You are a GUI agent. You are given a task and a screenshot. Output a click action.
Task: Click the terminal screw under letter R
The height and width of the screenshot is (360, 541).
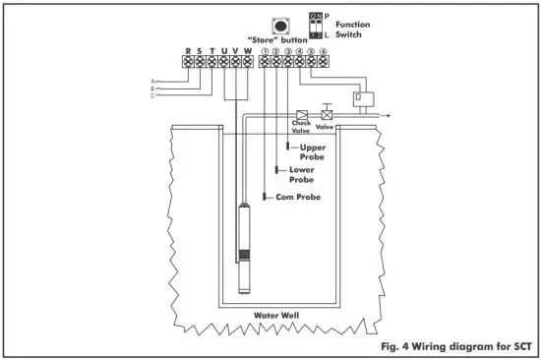pyautogui.click(x=188, y=62)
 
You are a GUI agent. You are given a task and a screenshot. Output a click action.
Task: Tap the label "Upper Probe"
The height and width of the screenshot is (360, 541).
pyautogui.click(x=312, y=151)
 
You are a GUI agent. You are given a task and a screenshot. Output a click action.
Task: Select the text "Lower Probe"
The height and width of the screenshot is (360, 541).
pyautogui.click(x=301, y=174)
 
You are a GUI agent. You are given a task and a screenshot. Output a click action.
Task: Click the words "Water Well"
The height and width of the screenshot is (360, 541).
pyautogui.click(x=276, y=315)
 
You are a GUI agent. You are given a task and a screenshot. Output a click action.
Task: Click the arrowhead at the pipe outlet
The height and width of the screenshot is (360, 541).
pyautogui.click(x=390, y=115)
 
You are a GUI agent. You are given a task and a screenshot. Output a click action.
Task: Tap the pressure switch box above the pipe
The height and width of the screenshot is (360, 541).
pyautogui.click(x=363, y=98)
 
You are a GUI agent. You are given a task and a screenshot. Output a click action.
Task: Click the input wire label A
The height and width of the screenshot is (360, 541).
pyautogui.click(x=152, y=81)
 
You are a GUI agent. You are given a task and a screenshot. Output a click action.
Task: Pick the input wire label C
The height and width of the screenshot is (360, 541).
pyautogui.click(x=152, y=96)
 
